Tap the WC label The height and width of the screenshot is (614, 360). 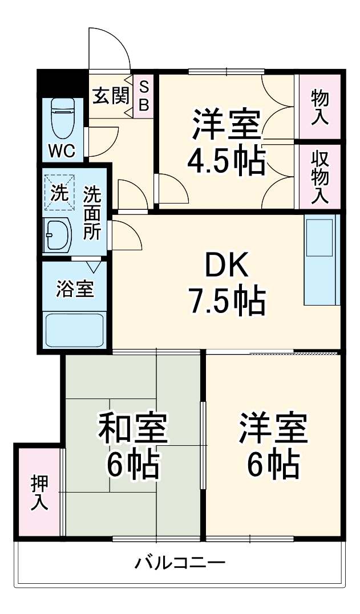(61, 151)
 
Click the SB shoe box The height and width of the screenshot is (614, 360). (144, 96)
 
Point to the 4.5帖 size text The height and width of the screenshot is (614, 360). (226, 161)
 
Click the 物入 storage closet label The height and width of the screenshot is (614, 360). (320, 107)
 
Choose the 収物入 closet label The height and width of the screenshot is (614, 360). (319, 177)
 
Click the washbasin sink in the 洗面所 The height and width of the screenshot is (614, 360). (57, 234)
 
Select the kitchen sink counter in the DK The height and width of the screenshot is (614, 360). (321, 259)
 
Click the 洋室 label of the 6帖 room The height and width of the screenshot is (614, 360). (273, 429)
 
